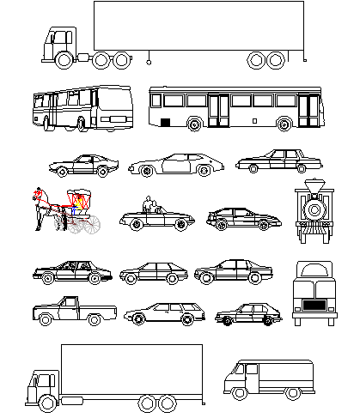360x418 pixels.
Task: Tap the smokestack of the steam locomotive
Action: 314,185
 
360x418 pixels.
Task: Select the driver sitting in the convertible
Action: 147,206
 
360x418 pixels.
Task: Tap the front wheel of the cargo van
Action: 240,393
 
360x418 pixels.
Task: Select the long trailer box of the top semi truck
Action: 198,26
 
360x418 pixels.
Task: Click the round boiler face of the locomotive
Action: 314,209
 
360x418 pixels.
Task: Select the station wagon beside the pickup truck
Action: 163,314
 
